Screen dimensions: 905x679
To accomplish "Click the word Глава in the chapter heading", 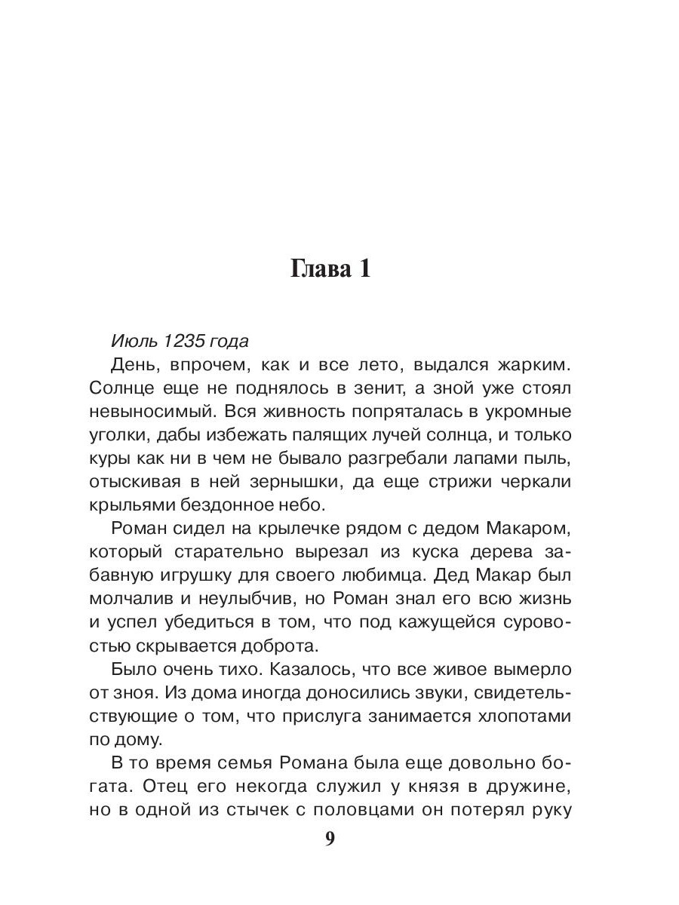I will (x=318, y=269).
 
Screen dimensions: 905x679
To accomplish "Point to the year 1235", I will (x=183, y=341).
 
